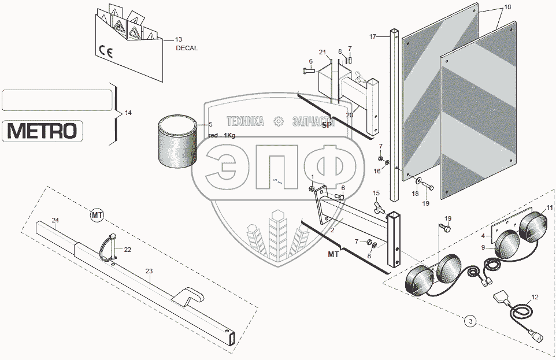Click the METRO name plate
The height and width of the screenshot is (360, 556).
pos(42,131)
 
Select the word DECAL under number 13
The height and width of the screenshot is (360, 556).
pos(186,49)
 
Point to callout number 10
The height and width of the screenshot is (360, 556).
pos(507,7)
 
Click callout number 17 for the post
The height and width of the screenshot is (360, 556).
pos(373,36)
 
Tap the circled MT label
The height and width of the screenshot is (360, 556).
pos(97,216)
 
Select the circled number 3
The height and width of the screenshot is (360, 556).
pos(470,320)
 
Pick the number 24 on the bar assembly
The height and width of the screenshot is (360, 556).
pos(55,220)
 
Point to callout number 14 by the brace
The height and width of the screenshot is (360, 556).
pos(128,113)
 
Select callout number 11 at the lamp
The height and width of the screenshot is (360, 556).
pos(549,207)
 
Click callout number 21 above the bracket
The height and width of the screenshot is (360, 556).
pos(323,53)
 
